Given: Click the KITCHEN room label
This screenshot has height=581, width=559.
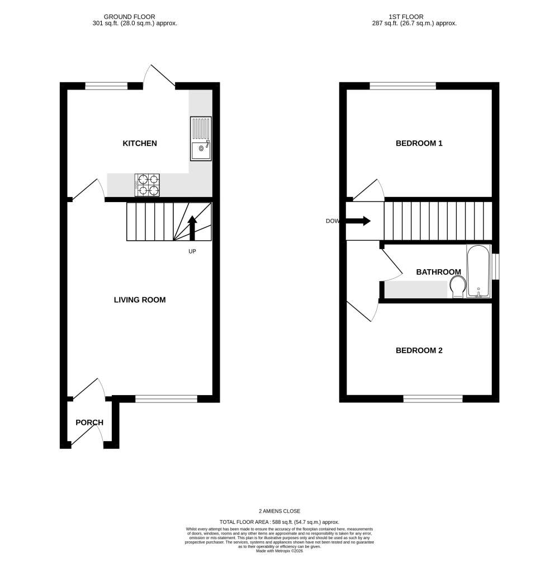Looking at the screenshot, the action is (140, 143).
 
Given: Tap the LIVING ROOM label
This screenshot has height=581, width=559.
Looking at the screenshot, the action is (140, 300).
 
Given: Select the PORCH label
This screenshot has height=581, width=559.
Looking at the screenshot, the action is (89, 423).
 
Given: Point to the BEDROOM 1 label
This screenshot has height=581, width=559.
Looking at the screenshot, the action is (419, 143).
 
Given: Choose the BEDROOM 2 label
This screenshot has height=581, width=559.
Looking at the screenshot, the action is (419, 350).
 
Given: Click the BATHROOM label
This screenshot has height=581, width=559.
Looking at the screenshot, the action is (438, 272).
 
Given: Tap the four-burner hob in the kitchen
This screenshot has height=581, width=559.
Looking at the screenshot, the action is (147, 185).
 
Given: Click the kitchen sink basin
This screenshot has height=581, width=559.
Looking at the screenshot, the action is (201, 149).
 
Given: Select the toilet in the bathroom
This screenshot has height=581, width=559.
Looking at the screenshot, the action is (458, 287).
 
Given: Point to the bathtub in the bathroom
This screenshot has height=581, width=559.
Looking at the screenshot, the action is (479, 271).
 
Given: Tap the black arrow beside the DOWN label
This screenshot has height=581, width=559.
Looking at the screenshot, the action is (358, 221).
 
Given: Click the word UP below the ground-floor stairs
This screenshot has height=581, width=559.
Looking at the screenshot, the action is (192, 251).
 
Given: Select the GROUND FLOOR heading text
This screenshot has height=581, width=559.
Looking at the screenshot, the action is (130, 17).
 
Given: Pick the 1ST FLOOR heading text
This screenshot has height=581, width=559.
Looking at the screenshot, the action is (406, 17).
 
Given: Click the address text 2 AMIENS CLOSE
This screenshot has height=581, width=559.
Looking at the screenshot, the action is (279, 511).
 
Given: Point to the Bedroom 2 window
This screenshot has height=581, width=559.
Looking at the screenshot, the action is (433, 399).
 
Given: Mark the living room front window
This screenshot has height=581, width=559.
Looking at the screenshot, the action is (166, 399).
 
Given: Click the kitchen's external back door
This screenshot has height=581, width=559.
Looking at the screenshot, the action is (159, 77).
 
